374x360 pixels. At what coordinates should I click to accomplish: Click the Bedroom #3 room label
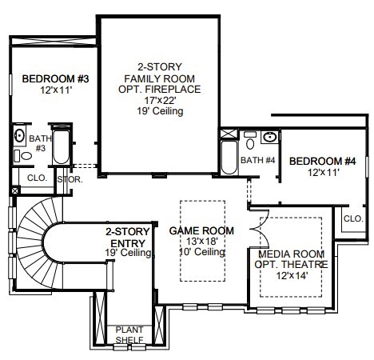point(55,79)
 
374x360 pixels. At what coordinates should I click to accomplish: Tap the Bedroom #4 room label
point(323,161)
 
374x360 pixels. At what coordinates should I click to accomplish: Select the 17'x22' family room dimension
point(160,101)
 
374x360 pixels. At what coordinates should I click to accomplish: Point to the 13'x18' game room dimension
point(202,242)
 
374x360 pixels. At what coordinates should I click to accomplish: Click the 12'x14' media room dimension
point(292,275)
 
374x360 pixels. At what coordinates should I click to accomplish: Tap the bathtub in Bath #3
point(61,146)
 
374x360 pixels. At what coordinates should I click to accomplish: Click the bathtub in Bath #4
point(229,158)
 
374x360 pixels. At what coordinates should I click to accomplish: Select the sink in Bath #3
point(19,136)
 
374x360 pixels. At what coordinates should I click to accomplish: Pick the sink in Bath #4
point(269,138)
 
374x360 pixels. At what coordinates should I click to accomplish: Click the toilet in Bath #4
point(250,141)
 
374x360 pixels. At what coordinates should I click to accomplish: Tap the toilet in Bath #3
point(23,156)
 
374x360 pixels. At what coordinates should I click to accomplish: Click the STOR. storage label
point(70,179)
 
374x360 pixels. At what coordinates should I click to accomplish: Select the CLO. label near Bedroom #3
point(37,178)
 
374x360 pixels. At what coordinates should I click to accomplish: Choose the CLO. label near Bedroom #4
point(353,218)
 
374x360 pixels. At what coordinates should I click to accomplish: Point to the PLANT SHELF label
point(129,334)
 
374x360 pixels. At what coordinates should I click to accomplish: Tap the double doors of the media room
point(260,229)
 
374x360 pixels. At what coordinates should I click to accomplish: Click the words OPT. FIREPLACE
point(160,89)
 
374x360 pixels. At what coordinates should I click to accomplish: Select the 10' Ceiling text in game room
point(202,252)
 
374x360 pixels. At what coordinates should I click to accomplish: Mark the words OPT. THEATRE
point(291,264)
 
